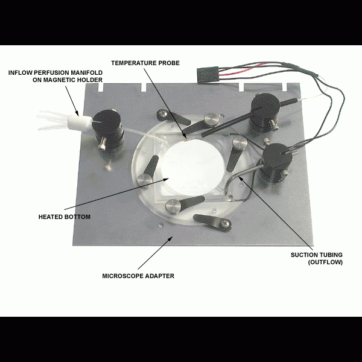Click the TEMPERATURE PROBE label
pyautogui.click(x=145, y=63)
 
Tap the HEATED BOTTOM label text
pyautogui.click(x=64, y=217)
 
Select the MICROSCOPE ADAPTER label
pyautogui.click(x=138, y=276)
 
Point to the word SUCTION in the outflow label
pyautogui.click(x=302, y=255)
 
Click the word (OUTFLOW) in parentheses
pyautogui.click(x=325, y=262)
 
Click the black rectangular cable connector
pyautogui.click(x=208, y=74)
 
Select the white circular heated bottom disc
pyautogui.click(x=192, y=168)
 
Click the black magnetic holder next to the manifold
pyautogui.click(x=108, y=132)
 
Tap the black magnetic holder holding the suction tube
pyautogui.click(x=276, y=163)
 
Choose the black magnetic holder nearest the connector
pyautogui.click(x=265, y=114)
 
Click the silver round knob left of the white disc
pyautogui.click(x=144, y=180)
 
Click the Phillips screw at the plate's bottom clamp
pyautogui.click(x=225, y=223)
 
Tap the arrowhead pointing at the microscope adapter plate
pyautogui.click(x=170, y=238)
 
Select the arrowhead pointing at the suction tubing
pyautogui.click(x=240, y=178)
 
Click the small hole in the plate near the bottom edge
pyautogui.click(x=160, y=224)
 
